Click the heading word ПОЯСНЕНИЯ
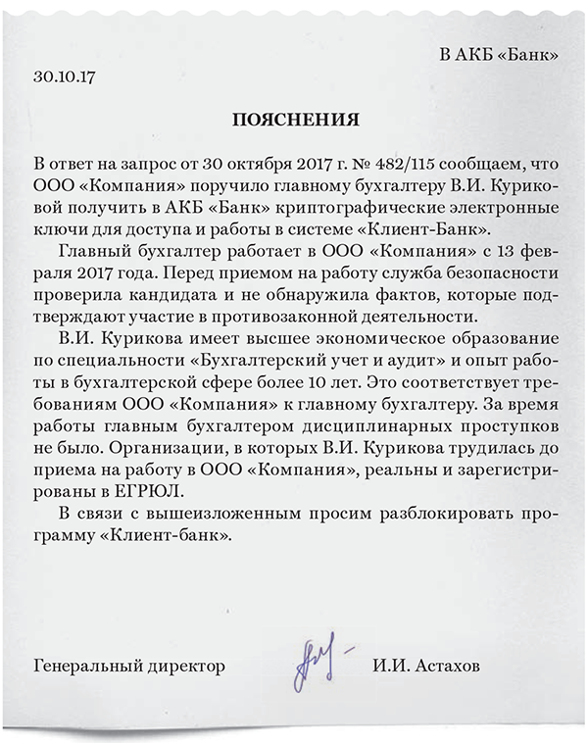pos(295,120)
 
